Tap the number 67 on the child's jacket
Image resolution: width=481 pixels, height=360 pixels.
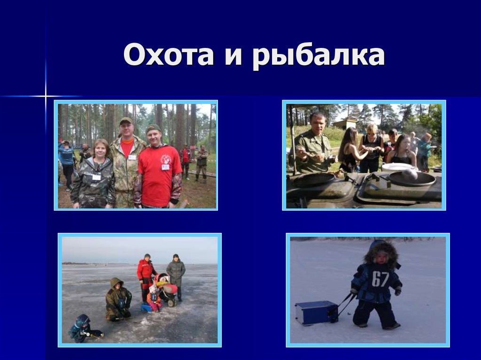tap(380, 279)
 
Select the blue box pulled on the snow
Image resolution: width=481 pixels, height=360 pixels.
tap(316, 312)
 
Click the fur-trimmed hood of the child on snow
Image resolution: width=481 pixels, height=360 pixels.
tap(381, 251)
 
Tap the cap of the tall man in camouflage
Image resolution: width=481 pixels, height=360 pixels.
tap(125, 121)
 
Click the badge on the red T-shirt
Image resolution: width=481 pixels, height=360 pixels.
tap(165, 167)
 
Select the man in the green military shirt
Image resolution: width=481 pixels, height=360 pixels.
tap(313, 146)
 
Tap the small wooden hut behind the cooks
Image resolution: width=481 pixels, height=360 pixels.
tap(345, 124)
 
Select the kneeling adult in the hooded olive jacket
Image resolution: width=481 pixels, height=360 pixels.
tap(117, 299)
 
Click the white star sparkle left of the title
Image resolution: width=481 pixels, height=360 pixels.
tap(46, 96)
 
